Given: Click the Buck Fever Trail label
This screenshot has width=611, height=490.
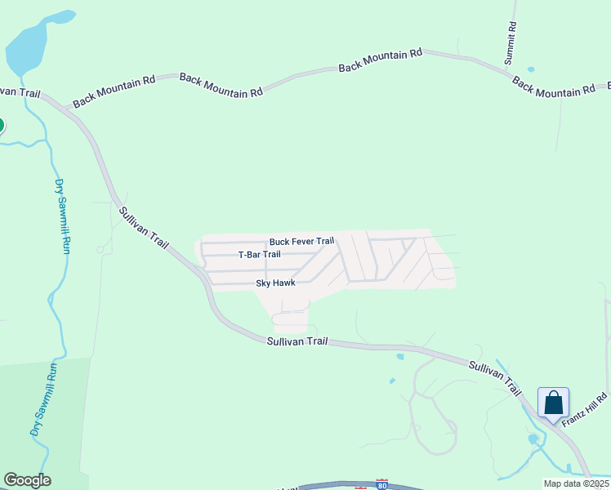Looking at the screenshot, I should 301,242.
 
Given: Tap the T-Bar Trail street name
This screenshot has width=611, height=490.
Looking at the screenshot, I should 259,255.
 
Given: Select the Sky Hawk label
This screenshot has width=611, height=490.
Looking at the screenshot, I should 275,283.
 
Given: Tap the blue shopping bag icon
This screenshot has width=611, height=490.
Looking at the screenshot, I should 553,403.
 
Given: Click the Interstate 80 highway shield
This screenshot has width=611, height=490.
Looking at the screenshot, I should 381,484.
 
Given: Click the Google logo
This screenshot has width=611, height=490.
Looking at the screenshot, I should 27,480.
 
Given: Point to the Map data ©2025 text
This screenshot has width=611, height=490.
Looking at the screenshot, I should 575,483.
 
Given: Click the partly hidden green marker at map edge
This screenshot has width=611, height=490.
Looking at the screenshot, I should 1,125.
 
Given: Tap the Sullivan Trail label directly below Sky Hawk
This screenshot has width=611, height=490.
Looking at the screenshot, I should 297,341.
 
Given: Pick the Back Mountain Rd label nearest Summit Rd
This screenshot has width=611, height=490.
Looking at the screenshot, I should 554,87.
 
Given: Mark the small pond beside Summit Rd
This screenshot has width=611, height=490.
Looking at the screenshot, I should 531,69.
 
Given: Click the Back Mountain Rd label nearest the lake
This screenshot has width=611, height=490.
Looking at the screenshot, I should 114,91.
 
